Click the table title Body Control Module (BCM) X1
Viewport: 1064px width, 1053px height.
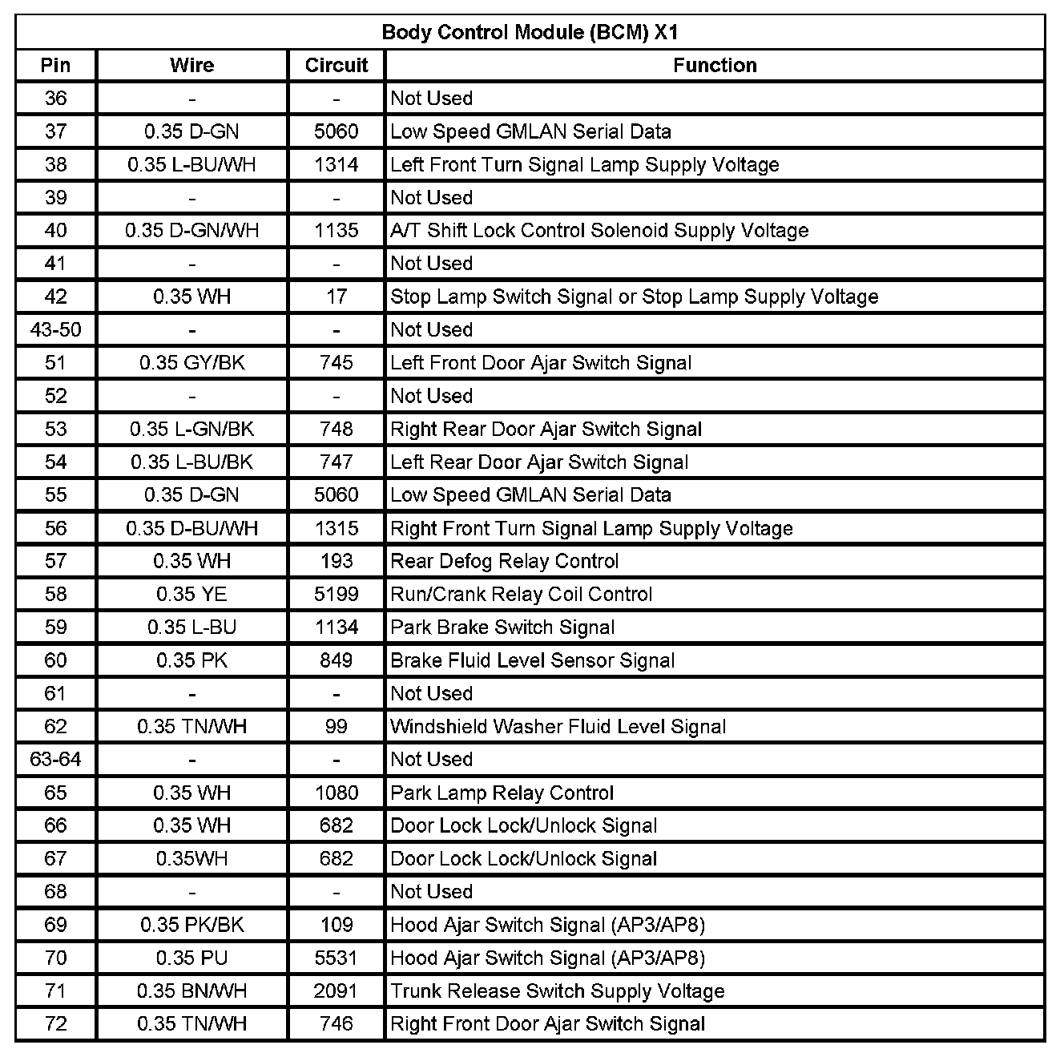point(530,33)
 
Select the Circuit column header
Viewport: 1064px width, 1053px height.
point(337,66)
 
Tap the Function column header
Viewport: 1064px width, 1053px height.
point(715,66)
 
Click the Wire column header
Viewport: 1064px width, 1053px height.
point(192,66)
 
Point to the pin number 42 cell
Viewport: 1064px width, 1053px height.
point(56,297)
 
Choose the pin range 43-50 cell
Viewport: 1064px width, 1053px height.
point(56,330)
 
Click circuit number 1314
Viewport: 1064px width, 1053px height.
point(337,165)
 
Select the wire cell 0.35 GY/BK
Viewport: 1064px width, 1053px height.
point(192,363)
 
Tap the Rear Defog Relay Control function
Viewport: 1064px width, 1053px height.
point(505,562)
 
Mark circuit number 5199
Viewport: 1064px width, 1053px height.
point(337,595)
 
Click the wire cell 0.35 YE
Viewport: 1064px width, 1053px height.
point(192,595)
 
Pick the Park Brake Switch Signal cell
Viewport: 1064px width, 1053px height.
point(502,627)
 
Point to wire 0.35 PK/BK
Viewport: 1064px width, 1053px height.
point(192,926)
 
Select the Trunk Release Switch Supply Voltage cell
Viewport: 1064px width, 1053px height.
point(558,991)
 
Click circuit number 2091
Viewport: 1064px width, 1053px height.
point(337,991)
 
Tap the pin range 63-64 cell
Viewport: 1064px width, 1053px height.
point(56,760)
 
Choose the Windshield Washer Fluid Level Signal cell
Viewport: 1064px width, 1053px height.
point(558,727)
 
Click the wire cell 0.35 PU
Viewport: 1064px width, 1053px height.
point(192,958)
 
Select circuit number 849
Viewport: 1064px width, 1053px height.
point(337,661)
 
